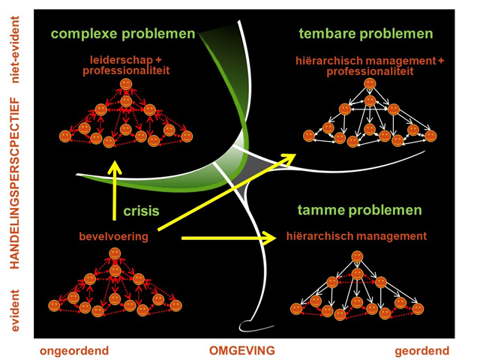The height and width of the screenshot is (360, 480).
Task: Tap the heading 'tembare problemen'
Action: [x=365, y=34]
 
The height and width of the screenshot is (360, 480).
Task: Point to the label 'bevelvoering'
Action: [x=113, y=237]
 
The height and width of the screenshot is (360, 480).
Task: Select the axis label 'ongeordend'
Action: [x=74, y=350]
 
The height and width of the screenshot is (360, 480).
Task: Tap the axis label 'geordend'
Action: [x=423, y=350]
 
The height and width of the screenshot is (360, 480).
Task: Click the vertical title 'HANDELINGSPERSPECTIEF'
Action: [x=13, y=182]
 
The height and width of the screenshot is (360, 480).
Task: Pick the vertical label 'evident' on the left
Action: [x=13, y=309]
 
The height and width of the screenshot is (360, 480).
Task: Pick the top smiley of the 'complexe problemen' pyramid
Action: [x=125, y=82]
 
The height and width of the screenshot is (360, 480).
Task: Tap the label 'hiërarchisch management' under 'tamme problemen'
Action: [x=356, y=236]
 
